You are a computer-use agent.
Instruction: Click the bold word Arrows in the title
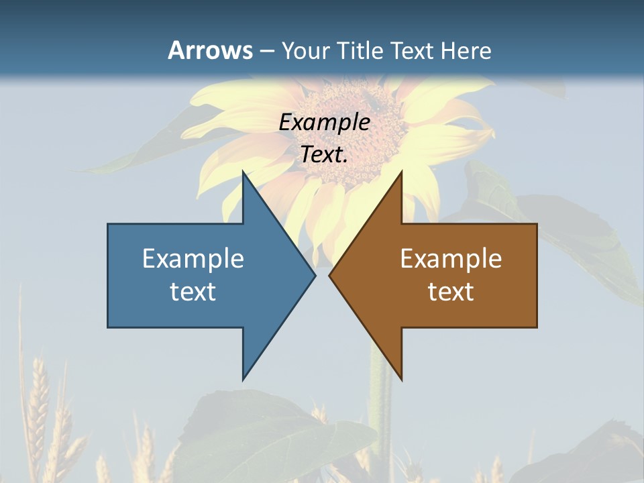210,50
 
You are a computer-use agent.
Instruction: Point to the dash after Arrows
266,51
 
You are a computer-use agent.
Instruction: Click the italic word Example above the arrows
325,122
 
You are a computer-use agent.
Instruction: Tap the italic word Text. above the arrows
325,154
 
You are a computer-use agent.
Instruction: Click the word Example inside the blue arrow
193,258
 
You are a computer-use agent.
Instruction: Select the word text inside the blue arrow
193,292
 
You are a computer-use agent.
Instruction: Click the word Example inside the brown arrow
451,258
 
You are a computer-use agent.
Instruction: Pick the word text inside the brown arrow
451,292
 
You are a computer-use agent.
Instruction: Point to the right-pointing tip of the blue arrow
315,275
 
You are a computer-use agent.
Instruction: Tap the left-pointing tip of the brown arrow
330,275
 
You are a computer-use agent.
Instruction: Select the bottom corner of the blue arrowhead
244,379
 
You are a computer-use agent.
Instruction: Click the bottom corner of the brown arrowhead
401,379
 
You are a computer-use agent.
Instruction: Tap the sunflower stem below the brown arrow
383,416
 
